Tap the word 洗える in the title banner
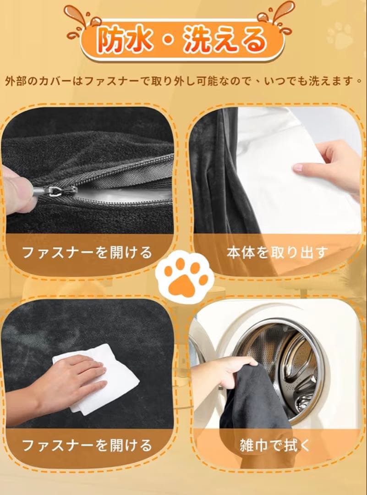click(225, 40)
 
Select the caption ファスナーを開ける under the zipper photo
click(87, 252)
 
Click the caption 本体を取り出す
click(277, 253)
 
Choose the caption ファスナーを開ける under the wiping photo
click(87, 445)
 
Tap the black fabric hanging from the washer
click(252, 407)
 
